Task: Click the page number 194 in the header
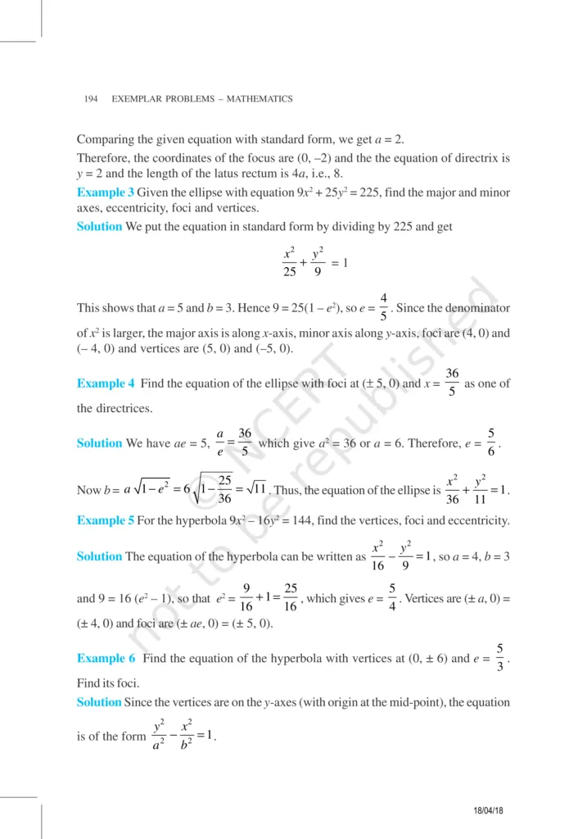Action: [91, 99]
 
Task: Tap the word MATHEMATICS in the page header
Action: [260, 99]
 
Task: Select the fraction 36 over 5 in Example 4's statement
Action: [452, 383]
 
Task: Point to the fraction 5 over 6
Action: [490, 442]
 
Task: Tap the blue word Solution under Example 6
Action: [98, 702]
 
